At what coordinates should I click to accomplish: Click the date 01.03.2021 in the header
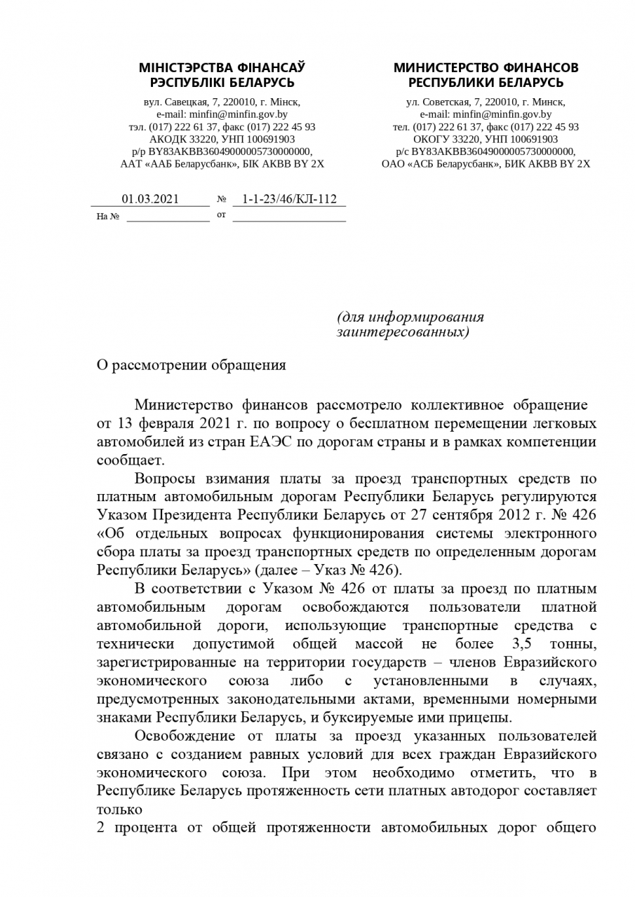pyautogui.click(x=150, y=199)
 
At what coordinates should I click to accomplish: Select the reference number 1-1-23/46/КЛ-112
pyautogui.click(x=289, y=199)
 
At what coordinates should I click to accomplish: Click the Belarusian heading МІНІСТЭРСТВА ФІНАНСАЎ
pyautogui.click(x=222, y=68)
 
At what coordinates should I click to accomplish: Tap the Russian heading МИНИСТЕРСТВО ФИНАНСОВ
pyautogui.click(x=486, y=68)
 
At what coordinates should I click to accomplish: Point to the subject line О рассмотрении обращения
pyautogui.click(x=191, y=365)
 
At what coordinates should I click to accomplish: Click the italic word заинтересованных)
pyautogui.click(x=402, y=331)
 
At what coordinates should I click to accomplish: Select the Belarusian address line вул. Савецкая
pyautogui.click(x=222, y=102)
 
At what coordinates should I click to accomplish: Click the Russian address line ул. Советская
pyautogui.click(x=486, y=102)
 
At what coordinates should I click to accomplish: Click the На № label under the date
pyautogui.click(x=107, y=217)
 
